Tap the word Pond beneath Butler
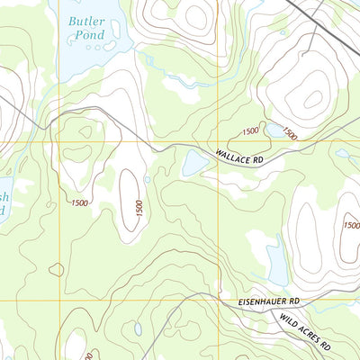pos(91,34)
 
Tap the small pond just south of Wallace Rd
pos(193,163)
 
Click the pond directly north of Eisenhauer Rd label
pos(276,260)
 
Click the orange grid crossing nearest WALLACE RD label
pos(220,141)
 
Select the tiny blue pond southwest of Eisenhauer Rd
pos(138,329)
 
